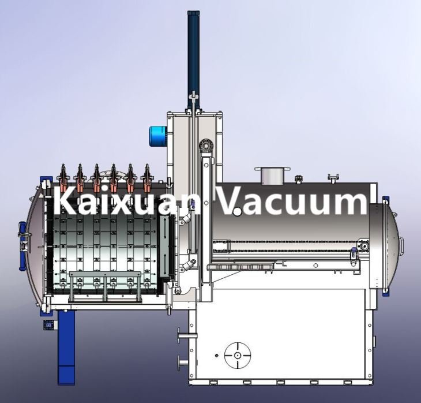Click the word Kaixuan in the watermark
tap(127, 200)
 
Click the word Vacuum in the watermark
tap(292, 200)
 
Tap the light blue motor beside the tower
tap(158, 136)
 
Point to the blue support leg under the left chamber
tap(66, 348)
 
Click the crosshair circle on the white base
tap(238, 356)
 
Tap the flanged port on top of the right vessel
tap(272, 176)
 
